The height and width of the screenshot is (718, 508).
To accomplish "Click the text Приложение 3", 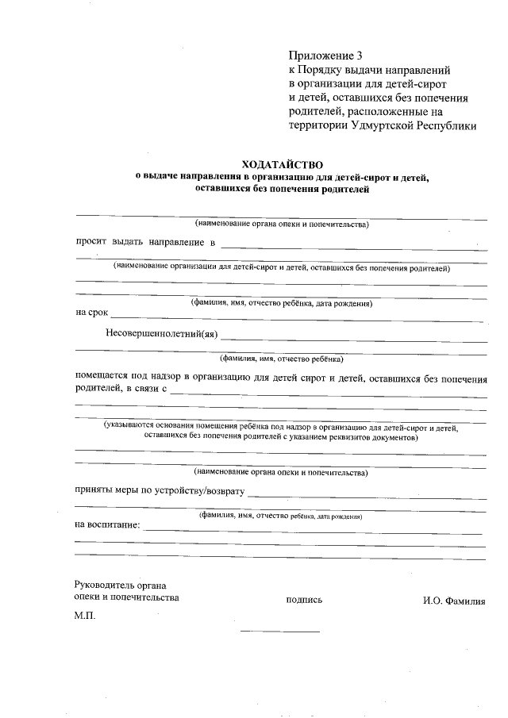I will point(325,56).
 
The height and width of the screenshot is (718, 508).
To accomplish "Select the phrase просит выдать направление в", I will point(145,241).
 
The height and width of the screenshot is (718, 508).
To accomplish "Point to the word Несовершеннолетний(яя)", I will point(161,333).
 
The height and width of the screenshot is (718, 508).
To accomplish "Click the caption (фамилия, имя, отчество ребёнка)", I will point(282,357).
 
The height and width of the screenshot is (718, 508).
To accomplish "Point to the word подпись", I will point(304,600).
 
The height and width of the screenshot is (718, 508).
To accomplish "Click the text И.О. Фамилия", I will point(454,601).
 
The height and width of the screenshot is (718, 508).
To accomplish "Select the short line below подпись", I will point(279,632).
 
